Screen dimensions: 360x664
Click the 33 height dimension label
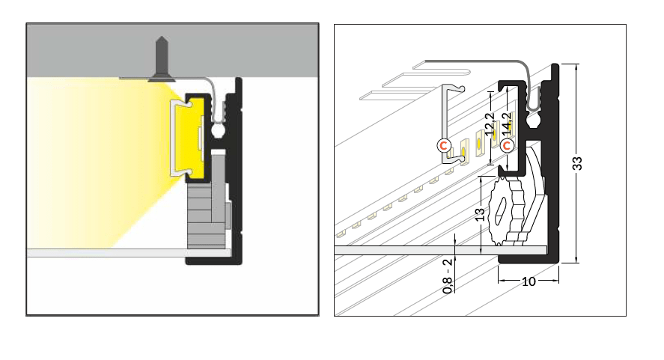click(x=578, y=164)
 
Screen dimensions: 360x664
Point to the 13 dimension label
click(x=479, y=215)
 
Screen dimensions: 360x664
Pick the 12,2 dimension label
click(x=490, y=123)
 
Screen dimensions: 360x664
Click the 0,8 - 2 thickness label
click(x=447, y=275)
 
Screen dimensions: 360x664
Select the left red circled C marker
click(x=444, y=144)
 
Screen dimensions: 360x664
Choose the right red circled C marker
click(x=508, y=144)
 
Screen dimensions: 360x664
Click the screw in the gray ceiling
click(x=162, y=57)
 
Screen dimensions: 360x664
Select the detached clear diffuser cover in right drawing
click(x=450, y=123)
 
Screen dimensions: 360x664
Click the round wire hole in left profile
click(x=220, y=132)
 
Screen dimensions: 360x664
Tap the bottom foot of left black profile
click(x=213, y=260)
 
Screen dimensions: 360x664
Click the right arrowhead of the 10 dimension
click(x=557, y=281)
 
